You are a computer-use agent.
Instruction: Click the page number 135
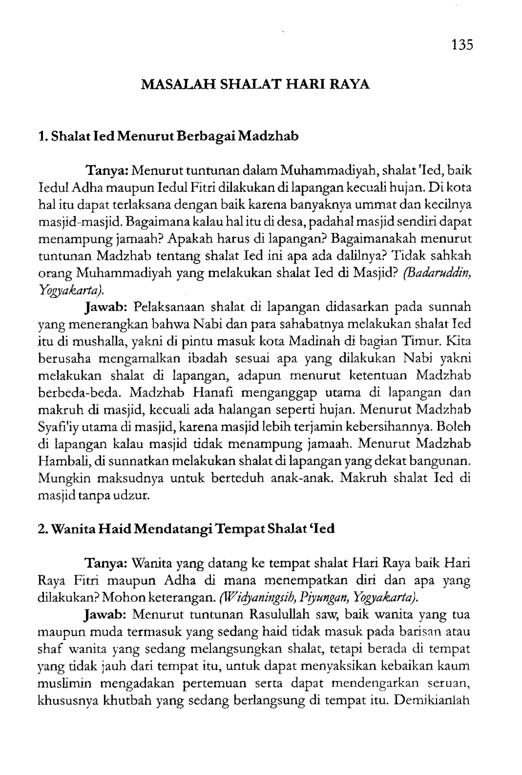(462, 45)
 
